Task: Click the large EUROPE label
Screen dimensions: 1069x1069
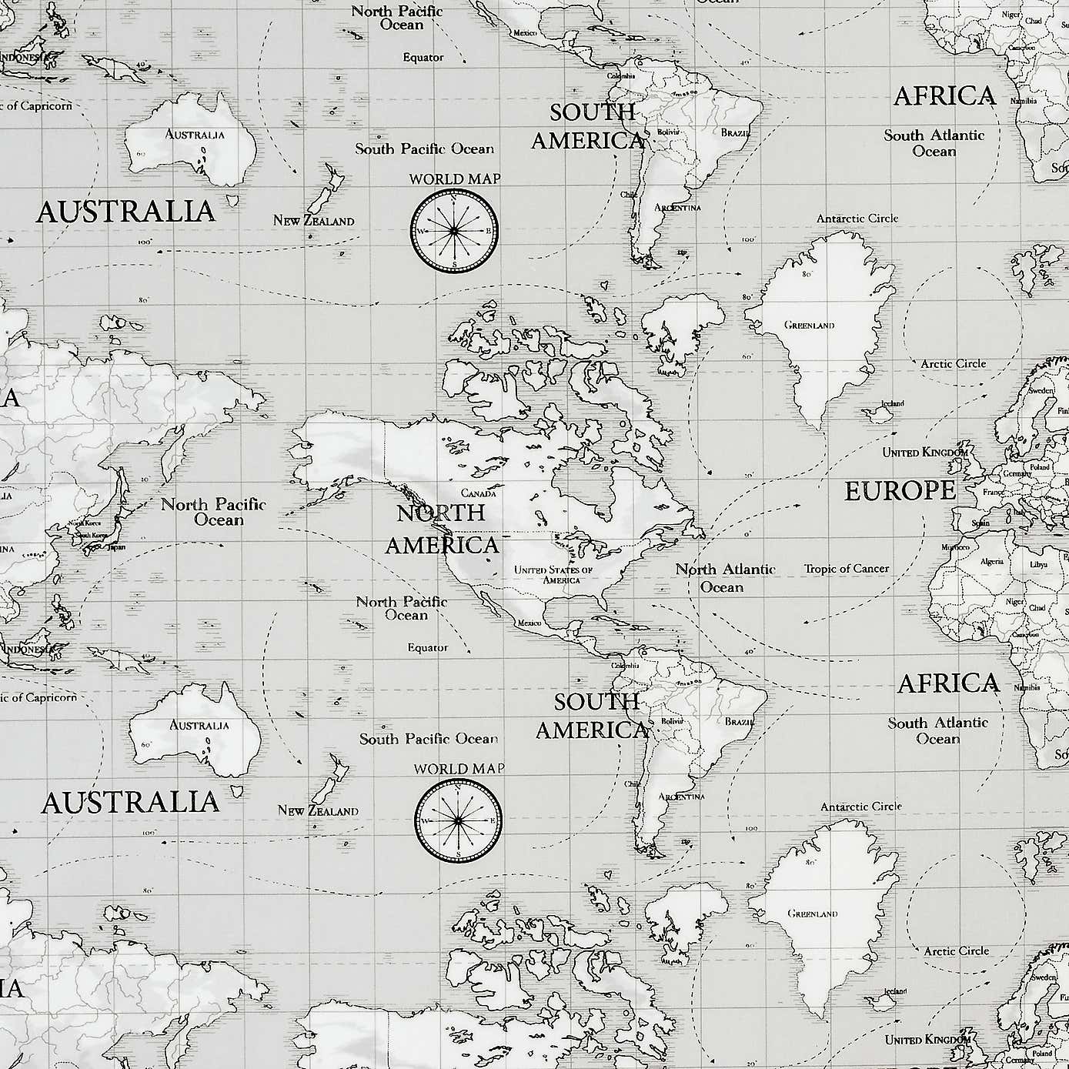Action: pyautogui.click(x=900, y=491)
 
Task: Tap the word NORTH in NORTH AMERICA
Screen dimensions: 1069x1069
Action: pyautogui.click(x=440, y=513)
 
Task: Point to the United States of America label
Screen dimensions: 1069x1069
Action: pyautogui.click(x=553, y=574)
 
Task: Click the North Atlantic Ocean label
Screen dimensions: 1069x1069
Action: pyautogui.click(x=724, y=578)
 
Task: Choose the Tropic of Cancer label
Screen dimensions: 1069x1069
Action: pyautogui.click(x=846, y=569)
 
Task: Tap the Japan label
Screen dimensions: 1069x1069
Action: pyautogui.click(x=116, y=548)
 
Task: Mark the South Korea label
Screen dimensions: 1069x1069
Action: pyautogui.click(x=91, y=535)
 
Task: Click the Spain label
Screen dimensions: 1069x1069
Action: pyautogui.click(x=980, y=523)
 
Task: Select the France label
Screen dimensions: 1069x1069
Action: pyautogui.click(x=993, y=492)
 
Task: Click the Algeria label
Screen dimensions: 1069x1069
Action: pyautogui.click(x=991, y=561)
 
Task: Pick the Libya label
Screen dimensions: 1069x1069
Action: pyautogui.click(x=1040, y=564)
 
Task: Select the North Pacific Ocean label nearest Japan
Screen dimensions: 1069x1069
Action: pyautogui.click(x=213, y=512)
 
